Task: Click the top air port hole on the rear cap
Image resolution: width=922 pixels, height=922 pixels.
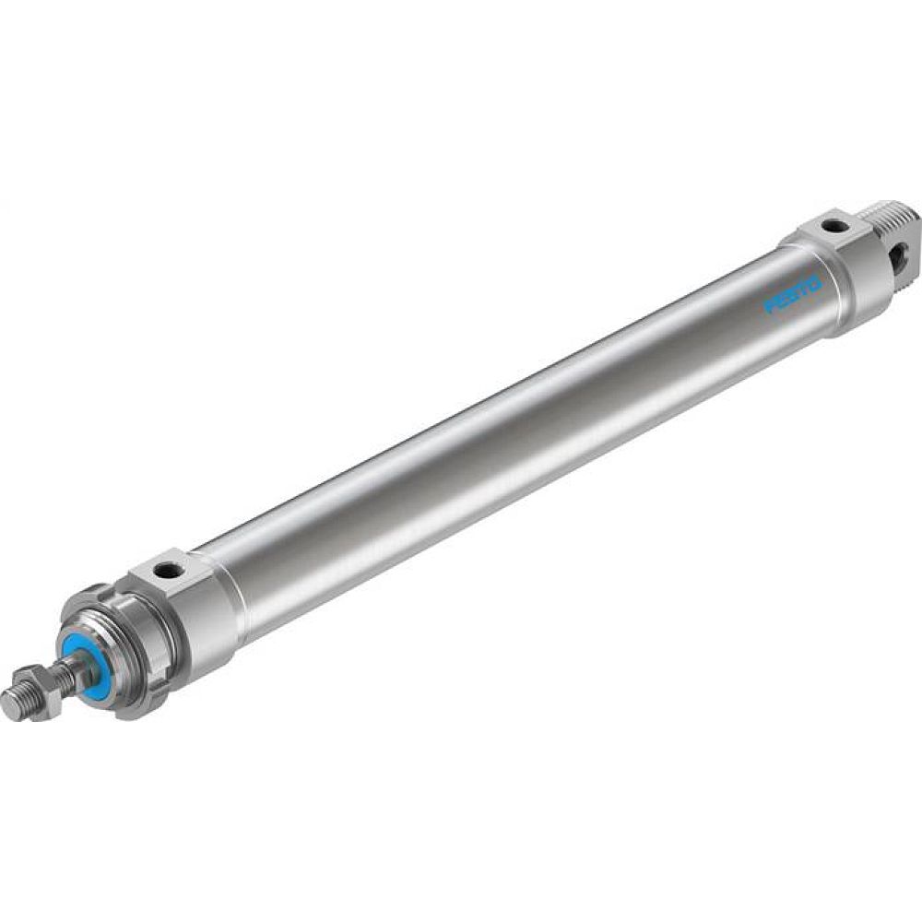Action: [835, 224]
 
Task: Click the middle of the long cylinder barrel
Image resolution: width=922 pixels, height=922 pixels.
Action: [516, 433]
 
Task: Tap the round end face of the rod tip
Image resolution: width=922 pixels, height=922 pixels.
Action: [8, 711]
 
